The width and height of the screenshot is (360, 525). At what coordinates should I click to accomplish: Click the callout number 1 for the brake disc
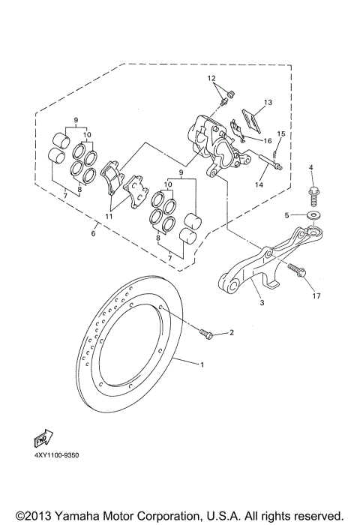click(202, 364)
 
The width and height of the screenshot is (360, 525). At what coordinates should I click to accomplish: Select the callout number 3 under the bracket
click(262, 303)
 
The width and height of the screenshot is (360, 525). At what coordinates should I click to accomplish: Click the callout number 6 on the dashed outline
click(94, 234)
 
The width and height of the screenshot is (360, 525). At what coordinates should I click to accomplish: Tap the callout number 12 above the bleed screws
click(211, 79)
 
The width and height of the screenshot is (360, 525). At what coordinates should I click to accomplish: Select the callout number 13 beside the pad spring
click(268, 101)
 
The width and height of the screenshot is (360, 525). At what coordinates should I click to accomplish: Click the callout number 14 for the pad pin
click(260, 183)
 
